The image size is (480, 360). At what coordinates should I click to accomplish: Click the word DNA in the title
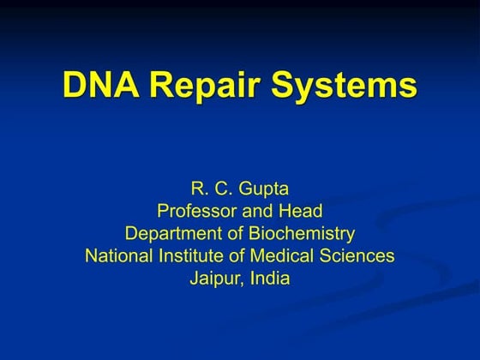[99, 86]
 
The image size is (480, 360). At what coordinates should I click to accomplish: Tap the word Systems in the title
[345, 86]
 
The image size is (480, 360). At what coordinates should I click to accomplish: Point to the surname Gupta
[265, 188]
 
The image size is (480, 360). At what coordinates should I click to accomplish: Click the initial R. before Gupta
[195, 188]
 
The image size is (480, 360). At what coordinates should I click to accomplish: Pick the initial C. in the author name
[220, 188]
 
